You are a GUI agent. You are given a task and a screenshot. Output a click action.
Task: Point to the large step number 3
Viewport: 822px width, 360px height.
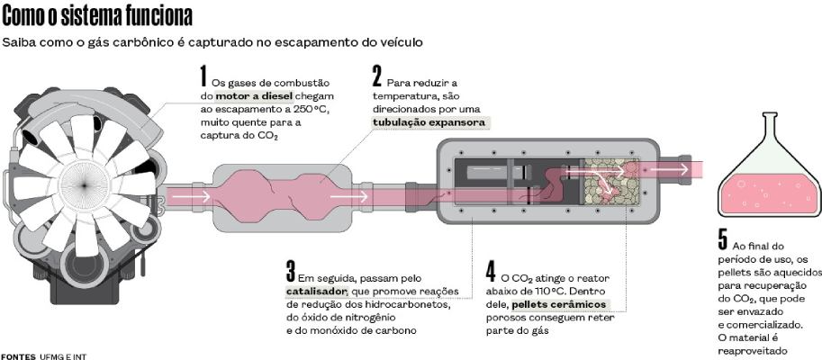(x=291, y=272)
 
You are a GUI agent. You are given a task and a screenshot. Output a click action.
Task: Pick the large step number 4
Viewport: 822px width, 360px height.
(x=491, y=272)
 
